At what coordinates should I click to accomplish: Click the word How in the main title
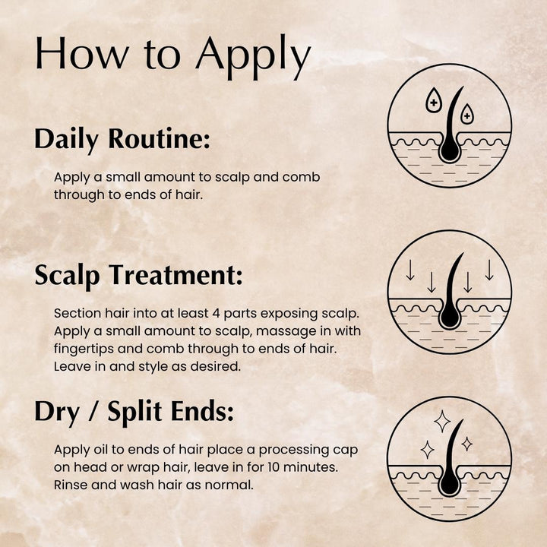72,55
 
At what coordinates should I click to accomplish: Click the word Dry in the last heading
54,413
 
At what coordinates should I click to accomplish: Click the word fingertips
86,349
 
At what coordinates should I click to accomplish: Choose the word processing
293,450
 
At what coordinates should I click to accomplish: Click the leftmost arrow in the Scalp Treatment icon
409,270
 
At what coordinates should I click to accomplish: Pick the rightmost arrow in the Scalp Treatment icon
489,270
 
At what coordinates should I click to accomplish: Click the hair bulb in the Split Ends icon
450,484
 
